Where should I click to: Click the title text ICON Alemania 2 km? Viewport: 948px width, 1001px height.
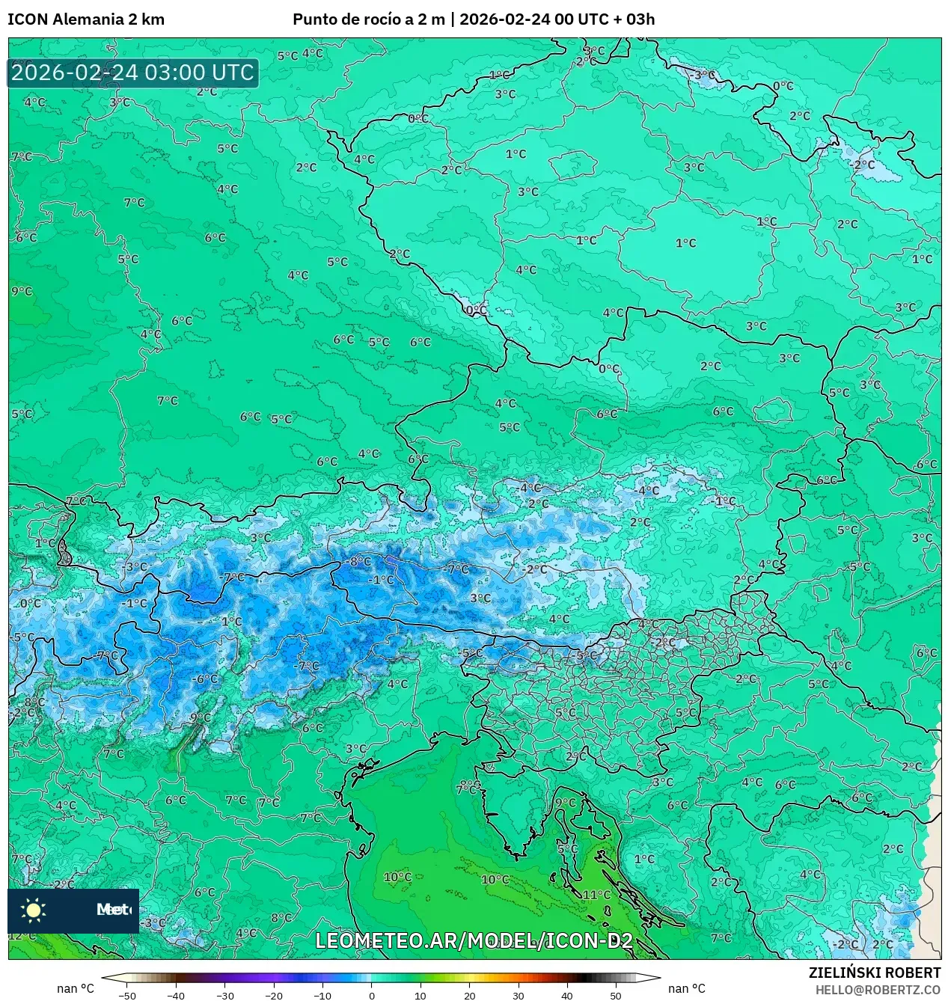point(86,19)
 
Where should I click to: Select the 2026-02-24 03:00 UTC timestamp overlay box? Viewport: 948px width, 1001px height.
point(132,73)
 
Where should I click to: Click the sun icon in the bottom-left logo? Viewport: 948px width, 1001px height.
point(34,910)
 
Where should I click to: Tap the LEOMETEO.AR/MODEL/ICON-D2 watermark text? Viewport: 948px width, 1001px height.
point(474,940)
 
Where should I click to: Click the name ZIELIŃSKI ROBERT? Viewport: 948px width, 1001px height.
point(874,973)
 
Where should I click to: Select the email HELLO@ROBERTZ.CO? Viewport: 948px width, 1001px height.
point(878,990)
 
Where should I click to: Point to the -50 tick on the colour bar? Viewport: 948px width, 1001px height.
point(127,996)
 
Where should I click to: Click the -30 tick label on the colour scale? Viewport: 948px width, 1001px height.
point(225,996)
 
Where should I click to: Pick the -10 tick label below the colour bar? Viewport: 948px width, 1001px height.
point(322,996)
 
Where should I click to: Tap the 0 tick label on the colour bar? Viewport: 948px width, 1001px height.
point(372,996)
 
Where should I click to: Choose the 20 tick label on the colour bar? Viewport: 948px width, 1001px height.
point(469,996)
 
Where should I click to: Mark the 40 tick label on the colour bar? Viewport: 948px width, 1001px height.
point(567,996)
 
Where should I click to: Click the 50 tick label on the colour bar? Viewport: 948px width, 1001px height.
point(616,996)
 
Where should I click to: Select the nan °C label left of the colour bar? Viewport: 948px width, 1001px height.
point(76,988)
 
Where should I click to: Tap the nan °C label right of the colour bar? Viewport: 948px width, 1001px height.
point(686,988)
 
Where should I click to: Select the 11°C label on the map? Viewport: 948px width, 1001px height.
point(596,894)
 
